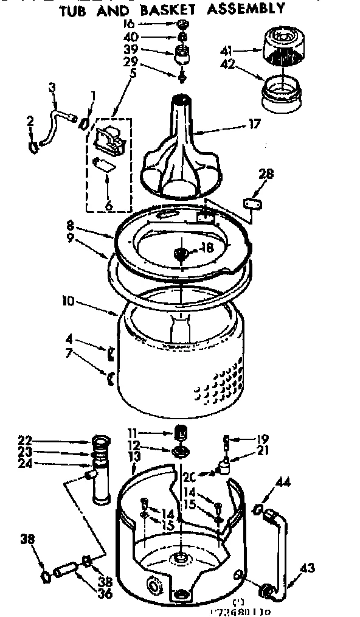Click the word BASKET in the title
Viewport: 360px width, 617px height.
tap(175, 9)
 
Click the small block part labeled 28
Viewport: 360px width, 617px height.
tap(253, 203)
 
